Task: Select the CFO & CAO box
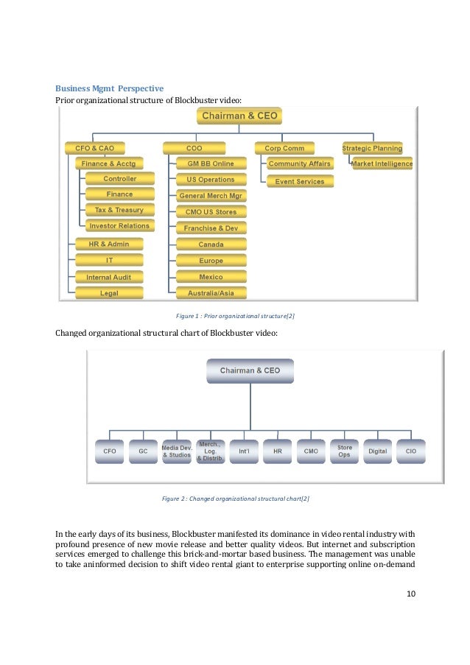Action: point(95,148)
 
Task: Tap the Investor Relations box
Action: point(119,226)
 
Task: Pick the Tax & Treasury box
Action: point(119,210)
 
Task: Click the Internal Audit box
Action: point(108,277)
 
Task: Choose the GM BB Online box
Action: point(211,163)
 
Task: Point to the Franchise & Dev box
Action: point(211,228)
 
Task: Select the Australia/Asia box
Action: point(211,293)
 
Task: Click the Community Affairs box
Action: point(300,163)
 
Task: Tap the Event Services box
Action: point(300,181)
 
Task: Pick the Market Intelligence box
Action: point(382,163)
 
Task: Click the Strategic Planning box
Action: point(372,148)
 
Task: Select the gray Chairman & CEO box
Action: point(250,371)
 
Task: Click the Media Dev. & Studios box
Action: point(177,451)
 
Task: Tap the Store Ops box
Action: point(345,451)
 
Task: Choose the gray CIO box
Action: point(410,451)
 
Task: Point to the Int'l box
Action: point(244,451)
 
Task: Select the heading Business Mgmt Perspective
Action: point(110,88)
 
